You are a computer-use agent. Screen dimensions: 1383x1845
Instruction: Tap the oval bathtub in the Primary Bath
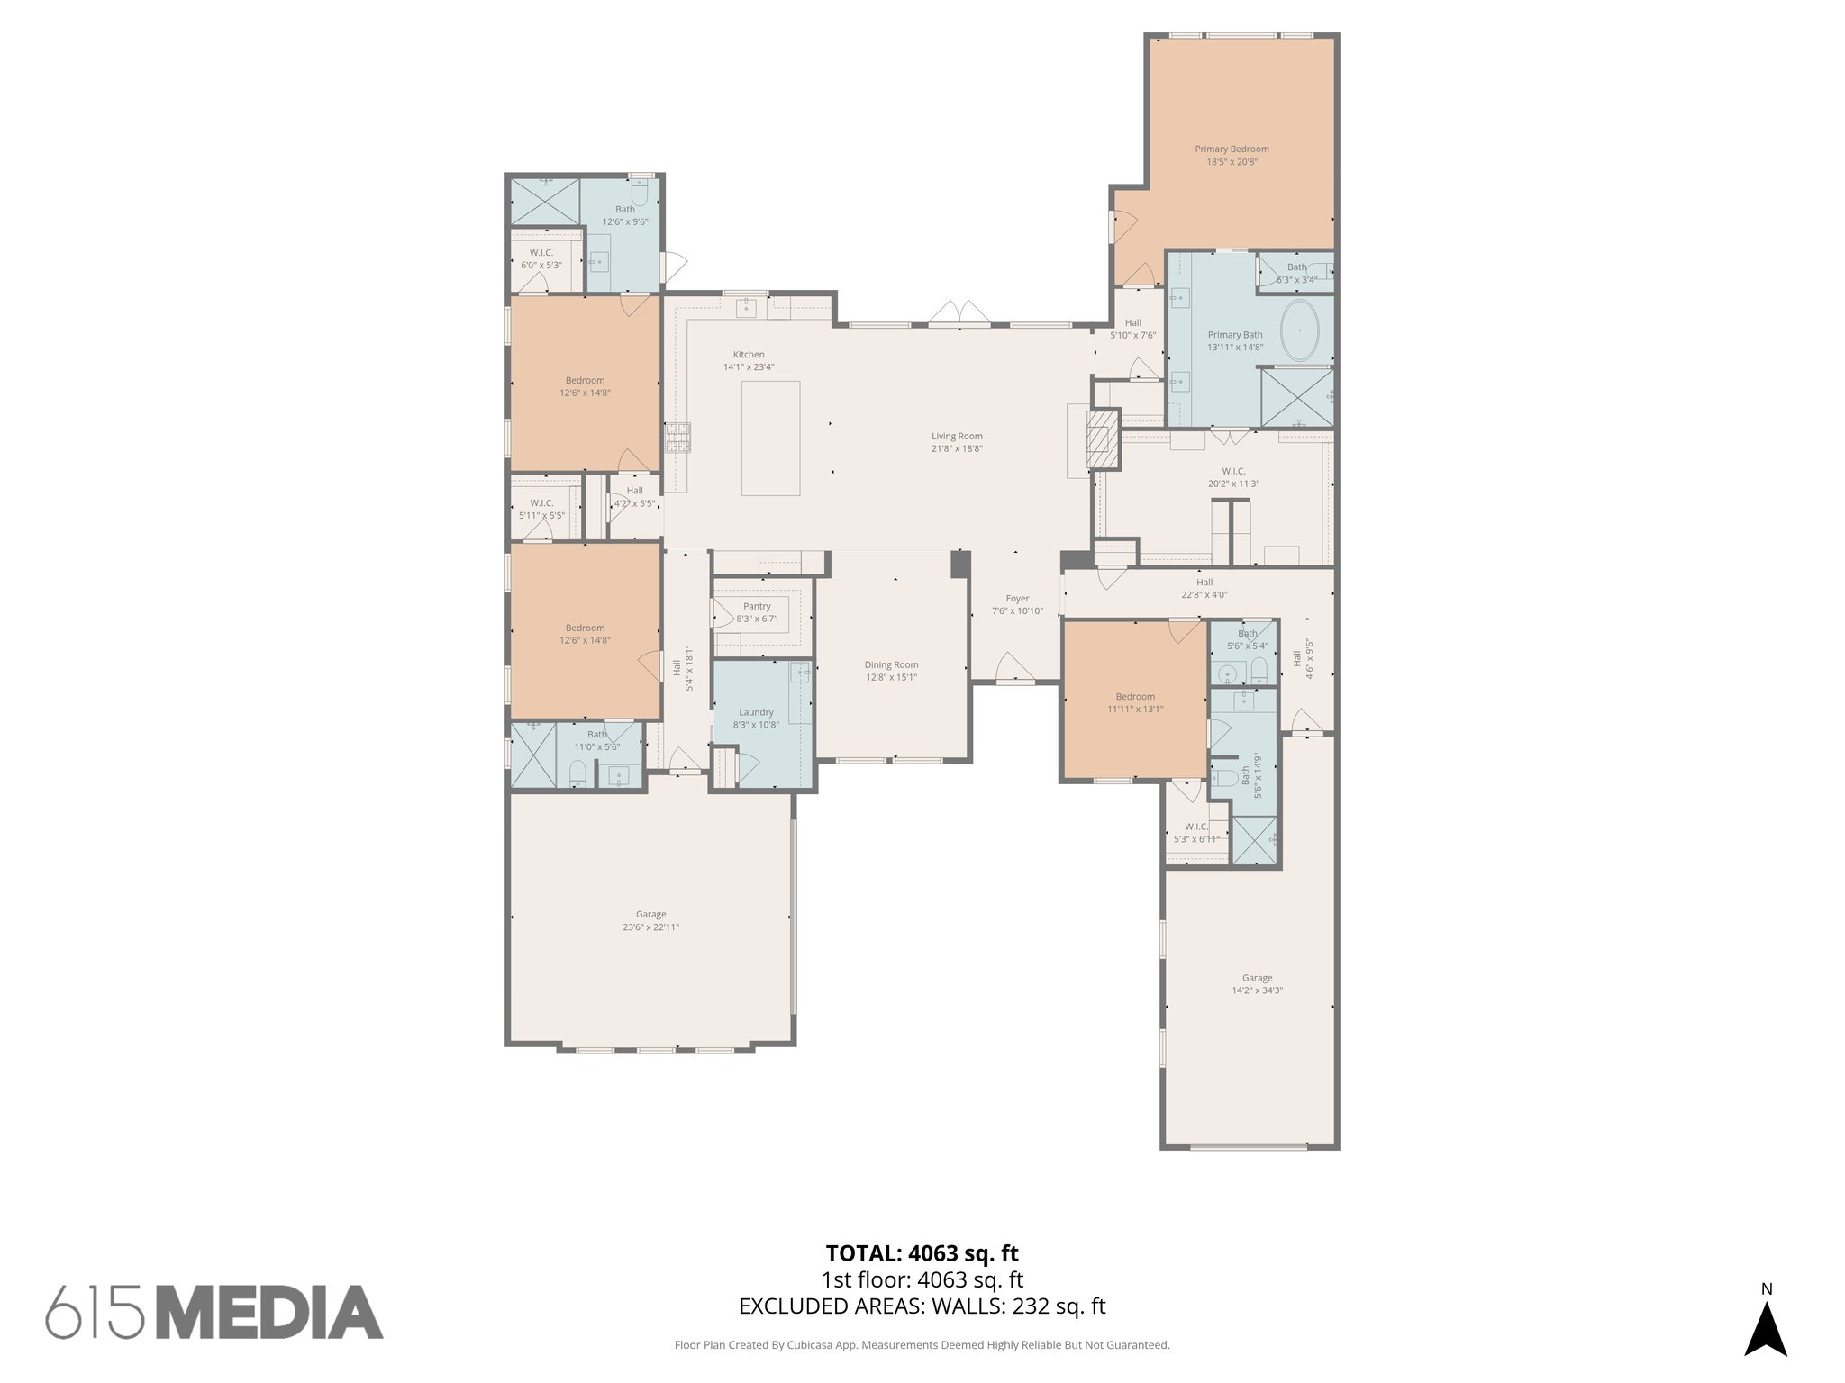1300,330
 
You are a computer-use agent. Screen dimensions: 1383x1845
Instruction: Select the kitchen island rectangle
770,438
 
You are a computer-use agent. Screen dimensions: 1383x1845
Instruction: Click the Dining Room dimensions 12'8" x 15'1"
891,678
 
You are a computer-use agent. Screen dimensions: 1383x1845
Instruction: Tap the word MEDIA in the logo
276,1313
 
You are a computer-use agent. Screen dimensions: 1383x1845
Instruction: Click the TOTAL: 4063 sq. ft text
922,1253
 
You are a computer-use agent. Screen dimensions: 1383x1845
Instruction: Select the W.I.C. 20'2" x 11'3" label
1233,477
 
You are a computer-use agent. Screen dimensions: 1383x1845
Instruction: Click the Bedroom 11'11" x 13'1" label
1135,702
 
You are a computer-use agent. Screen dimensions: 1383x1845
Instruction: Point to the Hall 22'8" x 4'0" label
1204,588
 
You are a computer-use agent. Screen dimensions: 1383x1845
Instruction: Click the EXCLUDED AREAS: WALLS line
922,1306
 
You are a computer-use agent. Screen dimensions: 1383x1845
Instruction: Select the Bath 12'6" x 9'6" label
625,215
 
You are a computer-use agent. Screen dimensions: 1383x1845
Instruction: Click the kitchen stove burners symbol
677,437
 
